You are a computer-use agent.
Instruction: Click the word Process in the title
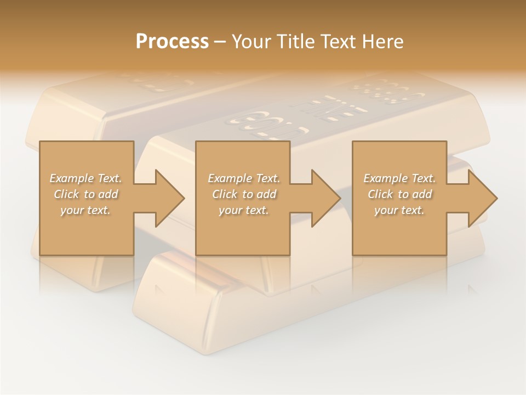click(x=172, y=42)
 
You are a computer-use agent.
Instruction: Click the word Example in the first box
click(x=72, y=178)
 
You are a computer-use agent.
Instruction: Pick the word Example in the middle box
click(x=230, y=178)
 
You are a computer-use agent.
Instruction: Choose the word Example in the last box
click(x=385, y=178)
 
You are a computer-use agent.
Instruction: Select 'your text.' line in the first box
click(x=85, y=210)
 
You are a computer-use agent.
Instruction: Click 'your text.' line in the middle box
click(x=243, y=210)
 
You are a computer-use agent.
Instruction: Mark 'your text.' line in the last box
click(x=399, y=210)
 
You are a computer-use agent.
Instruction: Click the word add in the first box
click(x=108, y=194)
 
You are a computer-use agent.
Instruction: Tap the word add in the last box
click(x=422, y=194)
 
